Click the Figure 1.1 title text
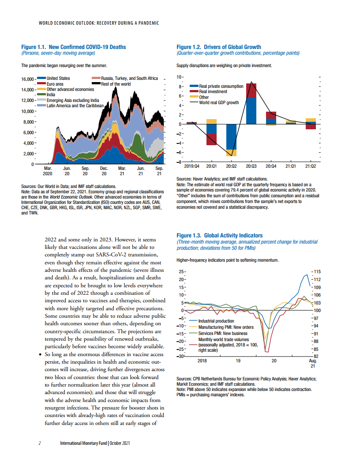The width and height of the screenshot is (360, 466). pos(74,47)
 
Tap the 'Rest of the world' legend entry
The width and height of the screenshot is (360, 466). pos(116,83)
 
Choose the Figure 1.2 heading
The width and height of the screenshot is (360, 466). pos(218,47)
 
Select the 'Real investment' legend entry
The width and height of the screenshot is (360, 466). pos(213,92)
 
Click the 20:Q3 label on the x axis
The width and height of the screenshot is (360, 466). pos(251,167)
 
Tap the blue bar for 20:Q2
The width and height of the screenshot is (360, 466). pos(231,137)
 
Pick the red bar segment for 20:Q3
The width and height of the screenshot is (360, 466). pos(251,90)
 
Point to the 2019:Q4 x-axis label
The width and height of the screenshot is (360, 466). pos(192,167)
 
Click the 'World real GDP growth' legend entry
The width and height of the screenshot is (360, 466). pos(219,102)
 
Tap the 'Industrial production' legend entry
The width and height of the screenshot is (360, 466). pos(216,321)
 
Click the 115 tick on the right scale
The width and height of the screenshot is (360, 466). pos(317,271)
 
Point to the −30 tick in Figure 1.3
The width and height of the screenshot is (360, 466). pos(180,356)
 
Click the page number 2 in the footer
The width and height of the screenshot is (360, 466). pos(40,443)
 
